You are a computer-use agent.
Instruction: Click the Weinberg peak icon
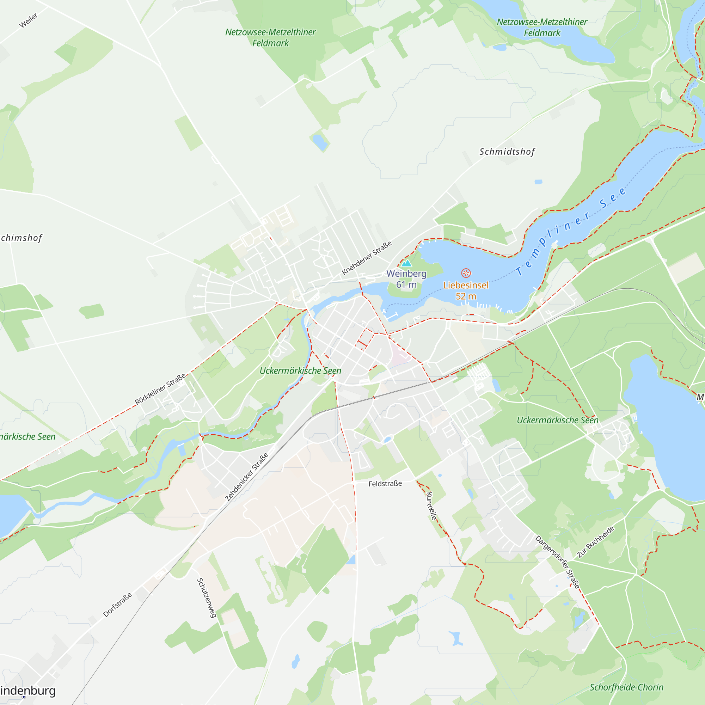[x=406, y=263]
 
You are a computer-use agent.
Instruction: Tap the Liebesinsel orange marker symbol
[x=466, y=273]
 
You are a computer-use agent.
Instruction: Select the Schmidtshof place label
[x=507, y=152]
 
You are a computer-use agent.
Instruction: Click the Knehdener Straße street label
[x=366, y=258]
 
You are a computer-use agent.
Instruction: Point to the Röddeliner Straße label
[x=160, y=390]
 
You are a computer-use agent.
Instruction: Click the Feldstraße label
[x=385, y=484]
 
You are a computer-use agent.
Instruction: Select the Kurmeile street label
[x=431, y=506]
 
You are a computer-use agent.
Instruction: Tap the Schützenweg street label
[x=207, y=598]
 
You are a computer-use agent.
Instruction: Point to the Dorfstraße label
[x=117, y=605]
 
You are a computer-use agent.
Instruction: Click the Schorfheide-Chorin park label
[x=626, y=687]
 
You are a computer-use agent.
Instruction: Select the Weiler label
[x=29, y=20]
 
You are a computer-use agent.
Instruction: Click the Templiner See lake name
[x=571, y=231]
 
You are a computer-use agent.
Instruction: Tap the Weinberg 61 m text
[x=406, y=279]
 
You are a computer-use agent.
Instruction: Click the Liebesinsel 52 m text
[x=466, y=290]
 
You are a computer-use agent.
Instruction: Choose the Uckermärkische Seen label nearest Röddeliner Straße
[x=300, y=371]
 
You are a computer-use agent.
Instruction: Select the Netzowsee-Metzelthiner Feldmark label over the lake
[x=542, y=27]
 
